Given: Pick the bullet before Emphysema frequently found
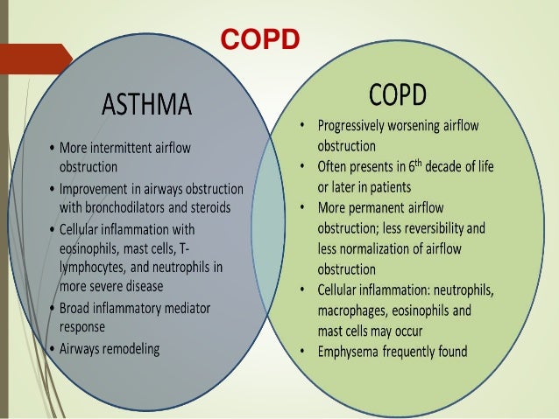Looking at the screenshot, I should click(x=301, y=353).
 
